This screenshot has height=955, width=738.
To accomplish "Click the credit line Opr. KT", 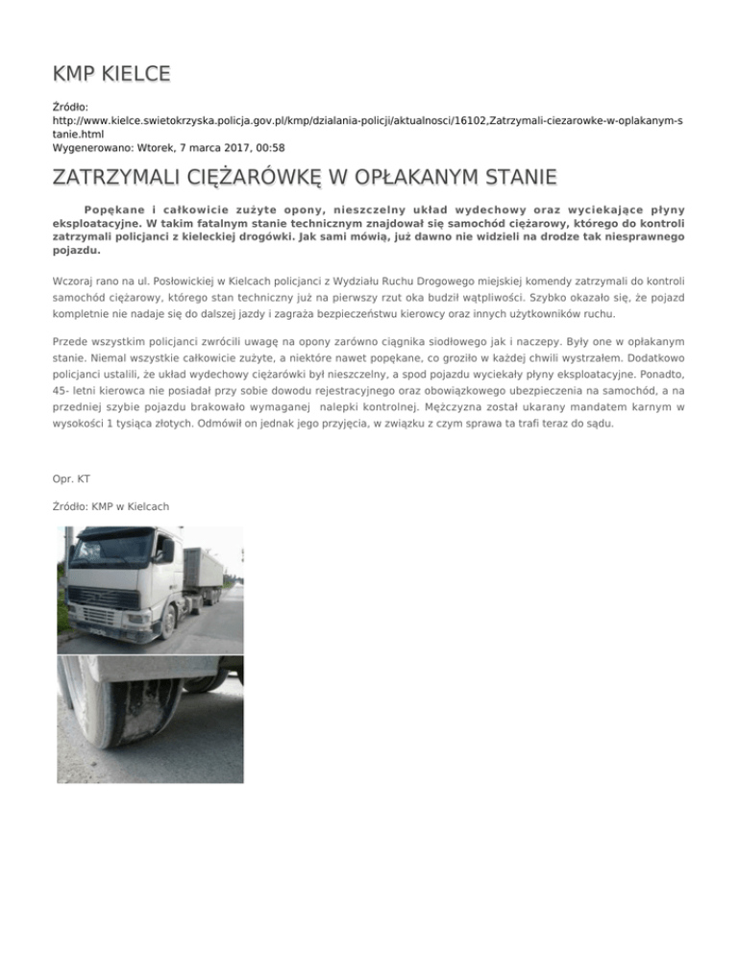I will tap(72, 477).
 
